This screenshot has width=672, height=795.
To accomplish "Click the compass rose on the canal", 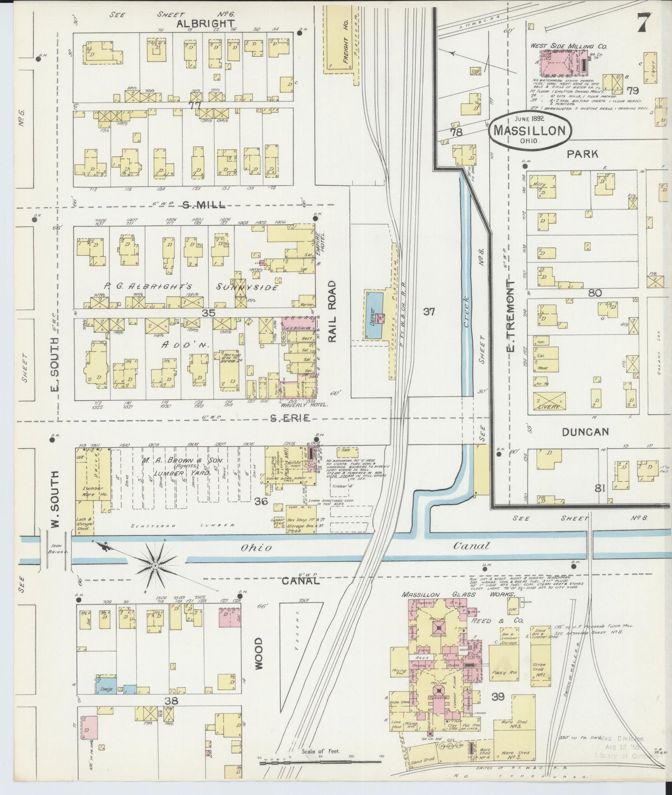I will (x=155, y=564).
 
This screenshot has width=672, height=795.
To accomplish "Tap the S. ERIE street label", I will (x=290, y=418).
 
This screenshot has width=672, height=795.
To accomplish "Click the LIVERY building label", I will (x=550, y=406).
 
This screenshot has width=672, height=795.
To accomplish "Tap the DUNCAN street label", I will (x=585, y=432).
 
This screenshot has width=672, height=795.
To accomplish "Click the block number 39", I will (x=498, y=696).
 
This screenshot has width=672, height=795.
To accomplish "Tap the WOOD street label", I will (x=258, y=653).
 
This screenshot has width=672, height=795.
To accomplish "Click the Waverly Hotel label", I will (x=306, y=404).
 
